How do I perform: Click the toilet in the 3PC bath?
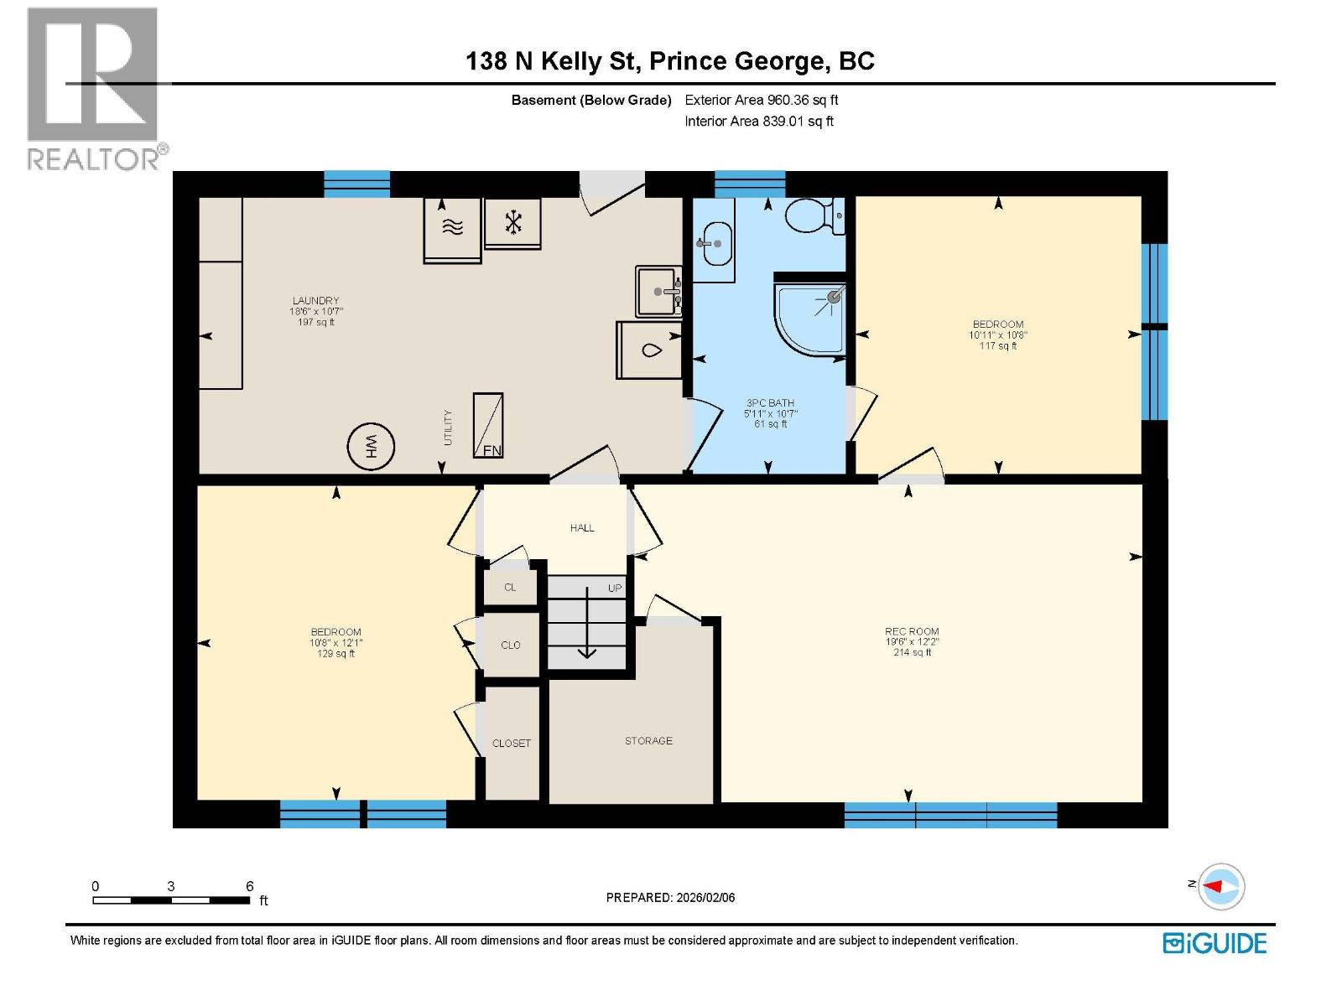point(811,216)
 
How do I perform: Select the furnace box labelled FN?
point(488,425)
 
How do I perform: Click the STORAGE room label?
point(648,741)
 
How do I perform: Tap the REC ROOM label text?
point(912,631)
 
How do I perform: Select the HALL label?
point(582,528)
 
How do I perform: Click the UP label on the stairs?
point(615,589)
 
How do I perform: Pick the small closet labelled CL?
point(510,588)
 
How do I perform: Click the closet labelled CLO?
point(511,645)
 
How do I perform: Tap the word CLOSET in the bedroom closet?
point(512,744)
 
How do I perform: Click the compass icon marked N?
point(1220,886)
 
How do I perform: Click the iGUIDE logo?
point(1215,943)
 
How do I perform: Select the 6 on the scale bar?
point(250,886)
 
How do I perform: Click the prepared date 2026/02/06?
point(705,898)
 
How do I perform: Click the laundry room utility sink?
point(658,292)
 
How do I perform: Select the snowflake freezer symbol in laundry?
point(512,222)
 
